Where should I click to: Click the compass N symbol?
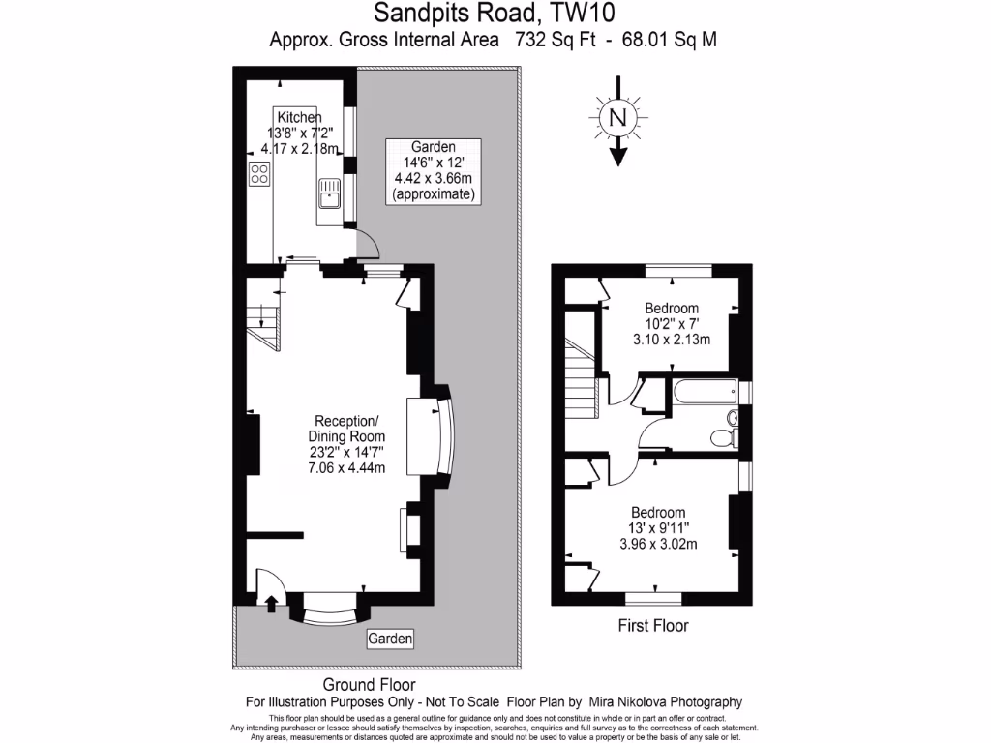pyautogui.click(x=616, y=118)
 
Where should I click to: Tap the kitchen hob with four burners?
pyautogui.click(x=259, y=174)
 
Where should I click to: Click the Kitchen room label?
pyautogui.click(x=299, y=116)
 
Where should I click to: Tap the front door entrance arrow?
pyautogui.click(x=271, y=604)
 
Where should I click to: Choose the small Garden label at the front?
pyautogui.click(x=390, y=639)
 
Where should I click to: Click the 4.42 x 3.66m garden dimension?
pyautogui.click(x=433, y=178)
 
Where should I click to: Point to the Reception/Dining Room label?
pyautogui.click(x=347, y=429)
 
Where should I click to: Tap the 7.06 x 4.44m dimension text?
pyautogui.click(x=347, y=468)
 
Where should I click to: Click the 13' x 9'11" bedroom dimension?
pyautogui.click(x=658, y=528)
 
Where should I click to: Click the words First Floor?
pyautogui.click(x=653, y=626)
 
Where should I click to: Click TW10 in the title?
pyautogui.click(x=583, y=13)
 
